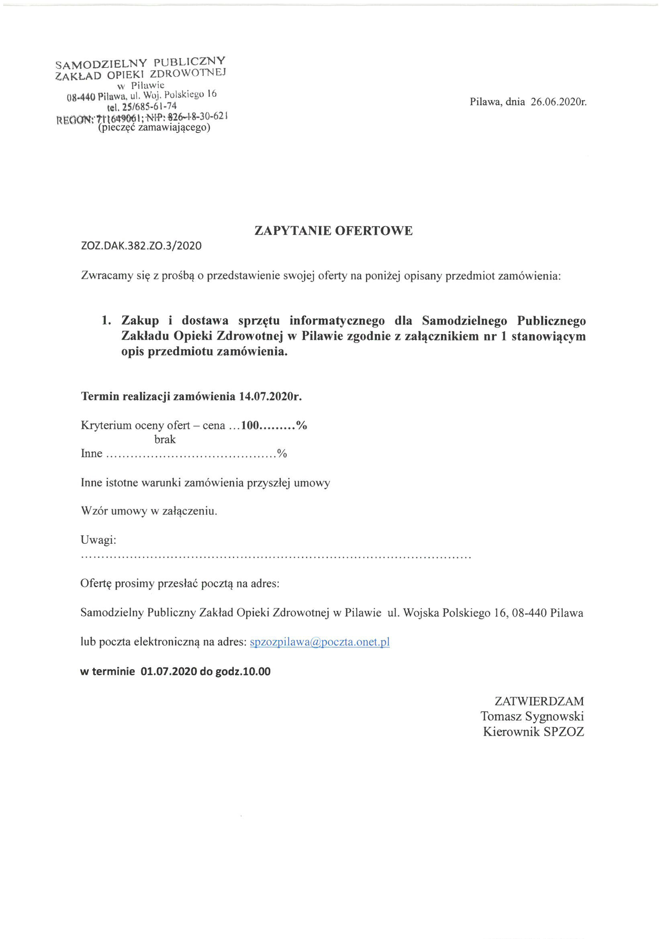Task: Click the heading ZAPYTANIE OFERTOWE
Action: pyautogui.click(x=333, y=231)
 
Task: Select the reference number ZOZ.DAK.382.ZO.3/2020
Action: pyautogui.click(x=141, y=246)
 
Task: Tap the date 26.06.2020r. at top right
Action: pyautogui.click(x=558, y=102)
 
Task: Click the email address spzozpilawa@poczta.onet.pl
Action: pyautogui.click(x=319, y=642)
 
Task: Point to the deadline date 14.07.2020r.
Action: pyautogui.click(x=270, y=396)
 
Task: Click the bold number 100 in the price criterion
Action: pyautogui.click(x=250, y=425)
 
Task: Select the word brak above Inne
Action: pyautogui.click(x=165, y=439)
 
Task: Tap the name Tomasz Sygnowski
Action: pyautogui.click(x=532, y=716)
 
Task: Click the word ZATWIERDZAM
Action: pyautogui.click(x=539, y=701)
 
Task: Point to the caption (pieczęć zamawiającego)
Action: pyautogui.click(x=154, y=128)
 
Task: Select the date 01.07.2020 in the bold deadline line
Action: pyautogui.click(x=169, y=672)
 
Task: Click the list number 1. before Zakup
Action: pyautogui.click(x=106, y=320)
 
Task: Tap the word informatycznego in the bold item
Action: pyautogui.click(x=337, y=320)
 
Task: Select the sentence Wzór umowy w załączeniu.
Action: pyautogui.click(x=149, y=511)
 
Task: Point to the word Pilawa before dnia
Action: pyautogui.click(x=485, y=102)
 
